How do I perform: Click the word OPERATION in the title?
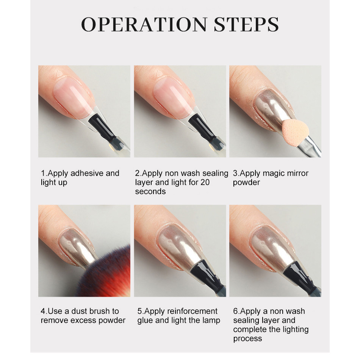[x=144, y=24]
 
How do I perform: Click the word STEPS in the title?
[x=246, y=24]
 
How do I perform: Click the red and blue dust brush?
[x=106, y=273]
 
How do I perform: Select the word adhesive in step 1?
[x=87, y=173]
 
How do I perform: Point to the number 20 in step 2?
[x=205, y=182]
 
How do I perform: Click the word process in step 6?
[x=247, y=339]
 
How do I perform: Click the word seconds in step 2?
[x=150, y=191]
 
